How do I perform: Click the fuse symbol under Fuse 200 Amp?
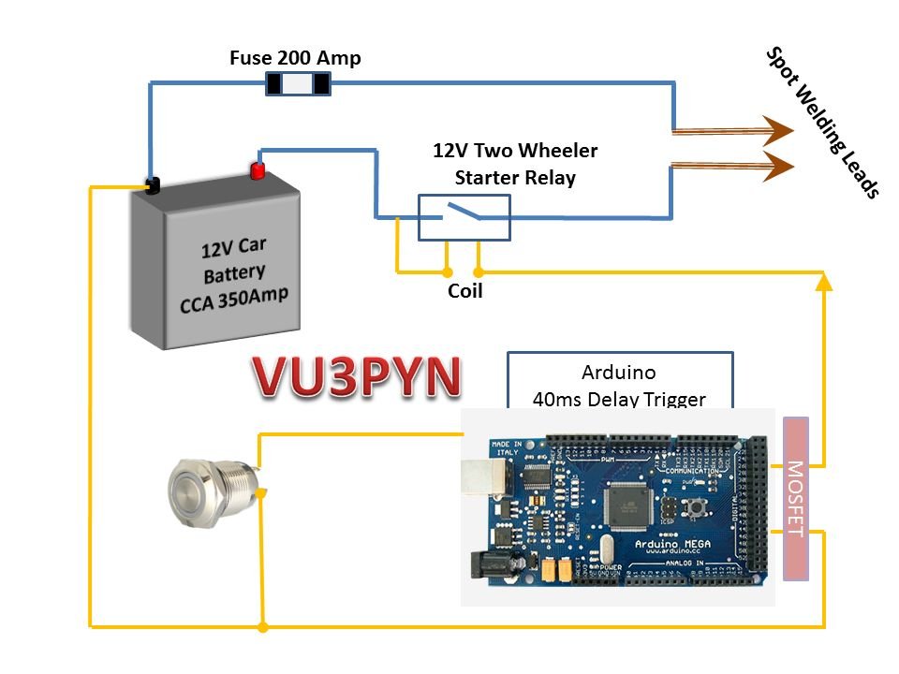[299, 84]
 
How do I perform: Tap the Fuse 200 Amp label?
[295, 58]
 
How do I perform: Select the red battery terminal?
[257, 169]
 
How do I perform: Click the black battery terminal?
[152, 184]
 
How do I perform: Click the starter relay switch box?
[463, 217]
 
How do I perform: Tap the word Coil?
[465, 291]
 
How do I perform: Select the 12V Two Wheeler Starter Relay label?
[514, 163]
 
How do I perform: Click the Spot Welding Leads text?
[823, 123]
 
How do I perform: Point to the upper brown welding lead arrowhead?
[776, 131]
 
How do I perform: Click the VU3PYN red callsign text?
[357, 377]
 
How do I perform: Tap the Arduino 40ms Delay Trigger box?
[619, 379]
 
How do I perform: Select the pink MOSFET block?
[794, 498]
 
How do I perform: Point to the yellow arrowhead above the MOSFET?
[823, 280]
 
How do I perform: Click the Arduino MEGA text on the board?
[644, 542]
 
